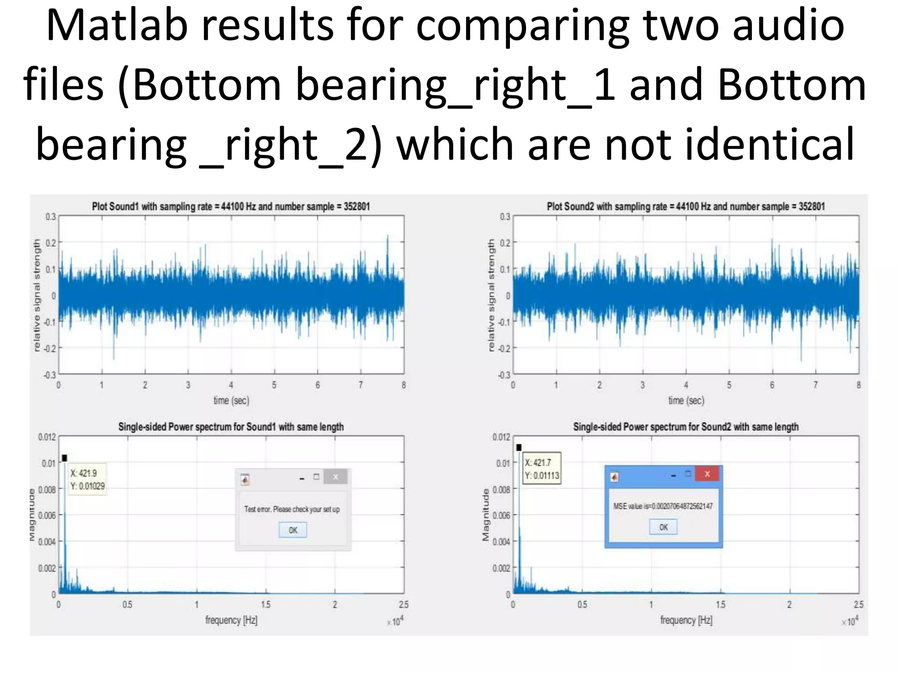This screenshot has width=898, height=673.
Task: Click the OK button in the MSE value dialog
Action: point(663,527)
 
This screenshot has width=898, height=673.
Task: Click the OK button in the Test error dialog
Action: point(292,530)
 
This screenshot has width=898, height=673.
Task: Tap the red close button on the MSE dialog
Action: point(707,474)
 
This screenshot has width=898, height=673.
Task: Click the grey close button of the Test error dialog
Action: point(335,477)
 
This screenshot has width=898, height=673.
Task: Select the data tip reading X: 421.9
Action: point(87,479)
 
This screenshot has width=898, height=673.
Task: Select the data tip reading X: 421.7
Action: point(542,469)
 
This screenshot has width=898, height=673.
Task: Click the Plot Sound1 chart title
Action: point(231,206)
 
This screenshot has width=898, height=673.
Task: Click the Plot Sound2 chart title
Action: point(685,206)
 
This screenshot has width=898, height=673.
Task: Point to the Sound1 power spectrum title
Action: point(231,427)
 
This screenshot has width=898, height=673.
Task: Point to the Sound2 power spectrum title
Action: point(685,427)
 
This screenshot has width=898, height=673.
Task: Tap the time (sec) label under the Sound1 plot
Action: point(231,400)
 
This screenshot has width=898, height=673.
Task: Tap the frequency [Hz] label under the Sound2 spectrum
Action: point(686,620)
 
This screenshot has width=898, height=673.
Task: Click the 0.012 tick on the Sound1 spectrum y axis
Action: point(47,437)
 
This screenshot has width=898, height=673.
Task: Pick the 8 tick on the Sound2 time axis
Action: point(859,385)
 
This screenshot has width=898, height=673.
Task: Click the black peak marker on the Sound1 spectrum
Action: point(64,458)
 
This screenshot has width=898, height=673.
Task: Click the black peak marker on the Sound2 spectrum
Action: point(519,447)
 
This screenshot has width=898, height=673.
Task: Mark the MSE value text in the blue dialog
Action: point(663,506)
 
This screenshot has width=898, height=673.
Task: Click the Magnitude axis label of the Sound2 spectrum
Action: point(485,515)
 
